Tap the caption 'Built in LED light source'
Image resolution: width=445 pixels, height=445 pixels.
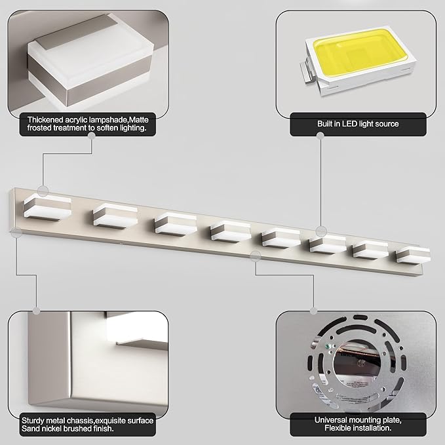coord(354,123)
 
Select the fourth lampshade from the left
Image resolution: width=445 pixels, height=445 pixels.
coord(229,230)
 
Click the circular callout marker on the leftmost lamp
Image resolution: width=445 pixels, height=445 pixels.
coord(43,191)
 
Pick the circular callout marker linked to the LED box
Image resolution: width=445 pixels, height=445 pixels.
coord(320,231)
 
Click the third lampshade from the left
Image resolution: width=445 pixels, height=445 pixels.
coord(174,222)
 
